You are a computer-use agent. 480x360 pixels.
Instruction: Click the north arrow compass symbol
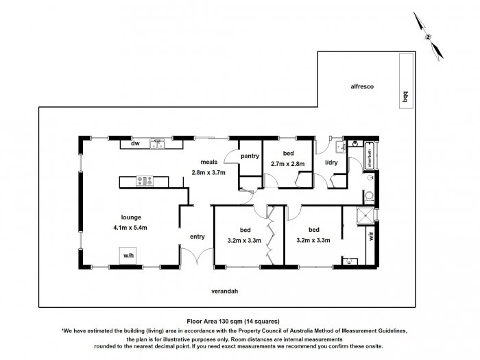[x=428, y=36]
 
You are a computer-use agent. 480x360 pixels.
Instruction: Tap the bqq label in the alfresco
[x=406, y=97]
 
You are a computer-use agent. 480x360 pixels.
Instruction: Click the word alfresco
[x=362, y=86]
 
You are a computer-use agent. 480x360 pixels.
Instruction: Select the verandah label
[x=225, y=291]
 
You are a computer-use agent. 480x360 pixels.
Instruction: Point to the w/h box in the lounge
[x=129, y=255]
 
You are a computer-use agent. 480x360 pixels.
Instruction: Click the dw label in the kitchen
[x=135, y=143]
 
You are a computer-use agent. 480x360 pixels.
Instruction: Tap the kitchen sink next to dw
[x=157, y=144]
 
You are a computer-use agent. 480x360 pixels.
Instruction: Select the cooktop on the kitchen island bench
[x=145, y=181]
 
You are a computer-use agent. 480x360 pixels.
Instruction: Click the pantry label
[x=250, y=156]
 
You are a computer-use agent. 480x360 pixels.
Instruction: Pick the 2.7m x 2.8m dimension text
[x=288, y=164]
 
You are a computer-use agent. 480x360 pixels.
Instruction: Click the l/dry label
[x=331, y=163]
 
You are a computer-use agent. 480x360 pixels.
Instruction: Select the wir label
[x=372, y=236]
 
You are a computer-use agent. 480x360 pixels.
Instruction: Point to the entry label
[x=197, y=237]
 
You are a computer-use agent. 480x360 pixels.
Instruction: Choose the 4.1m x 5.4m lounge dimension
[x=130, y=228]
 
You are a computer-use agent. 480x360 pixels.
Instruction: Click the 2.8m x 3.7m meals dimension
[x=208, y=173]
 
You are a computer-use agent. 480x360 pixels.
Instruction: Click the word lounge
[x=131, y=217]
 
